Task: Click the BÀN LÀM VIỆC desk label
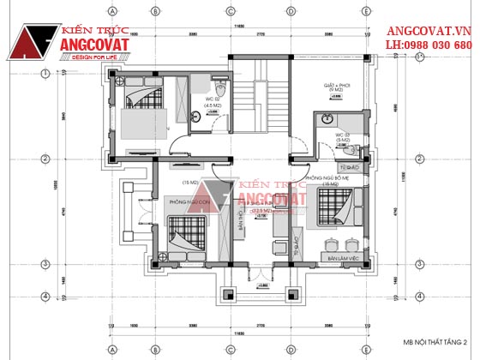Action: point(343,257)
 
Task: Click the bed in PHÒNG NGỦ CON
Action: point(186,235)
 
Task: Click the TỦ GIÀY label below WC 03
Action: point(348,166)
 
